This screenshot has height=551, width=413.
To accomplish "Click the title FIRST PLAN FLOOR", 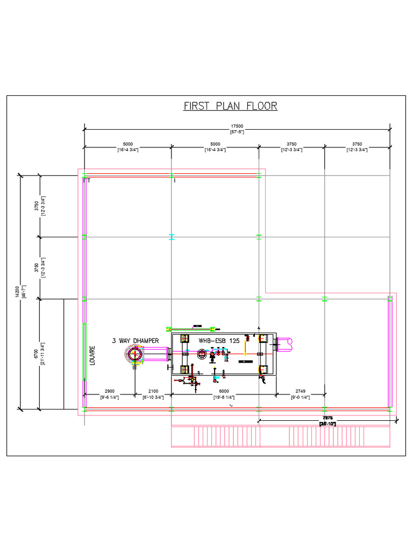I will (x=231, y=105).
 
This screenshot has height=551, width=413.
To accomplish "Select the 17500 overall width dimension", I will (x=237, y=126).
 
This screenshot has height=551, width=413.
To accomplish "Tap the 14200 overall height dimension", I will (x=17, y=292).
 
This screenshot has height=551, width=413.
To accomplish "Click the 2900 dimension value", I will (x=109, y=391).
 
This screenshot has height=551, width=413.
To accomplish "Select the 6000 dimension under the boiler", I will (x=224, y=391).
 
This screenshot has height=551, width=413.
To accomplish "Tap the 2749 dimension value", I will (x=300, y=391).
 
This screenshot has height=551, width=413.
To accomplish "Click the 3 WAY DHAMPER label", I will (x=136, y=341).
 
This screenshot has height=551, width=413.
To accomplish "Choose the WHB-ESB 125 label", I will (x=219, y=341).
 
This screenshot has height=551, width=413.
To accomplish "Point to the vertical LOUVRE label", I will (x=92, y=355).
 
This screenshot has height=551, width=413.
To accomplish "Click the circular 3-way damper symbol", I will (x=134, y=354).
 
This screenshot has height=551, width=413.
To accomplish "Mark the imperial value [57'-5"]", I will (x=237, y=132).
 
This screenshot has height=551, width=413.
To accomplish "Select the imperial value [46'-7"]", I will (x=23, y=292).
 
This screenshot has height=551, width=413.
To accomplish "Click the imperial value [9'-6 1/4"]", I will (x=109, y=397).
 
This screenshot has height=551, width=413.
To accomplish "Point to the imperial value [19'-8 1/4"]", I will (x=224, y=397).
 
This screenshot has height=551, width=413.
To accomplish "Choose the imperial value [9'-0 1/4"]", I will (x=300, y=397).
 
